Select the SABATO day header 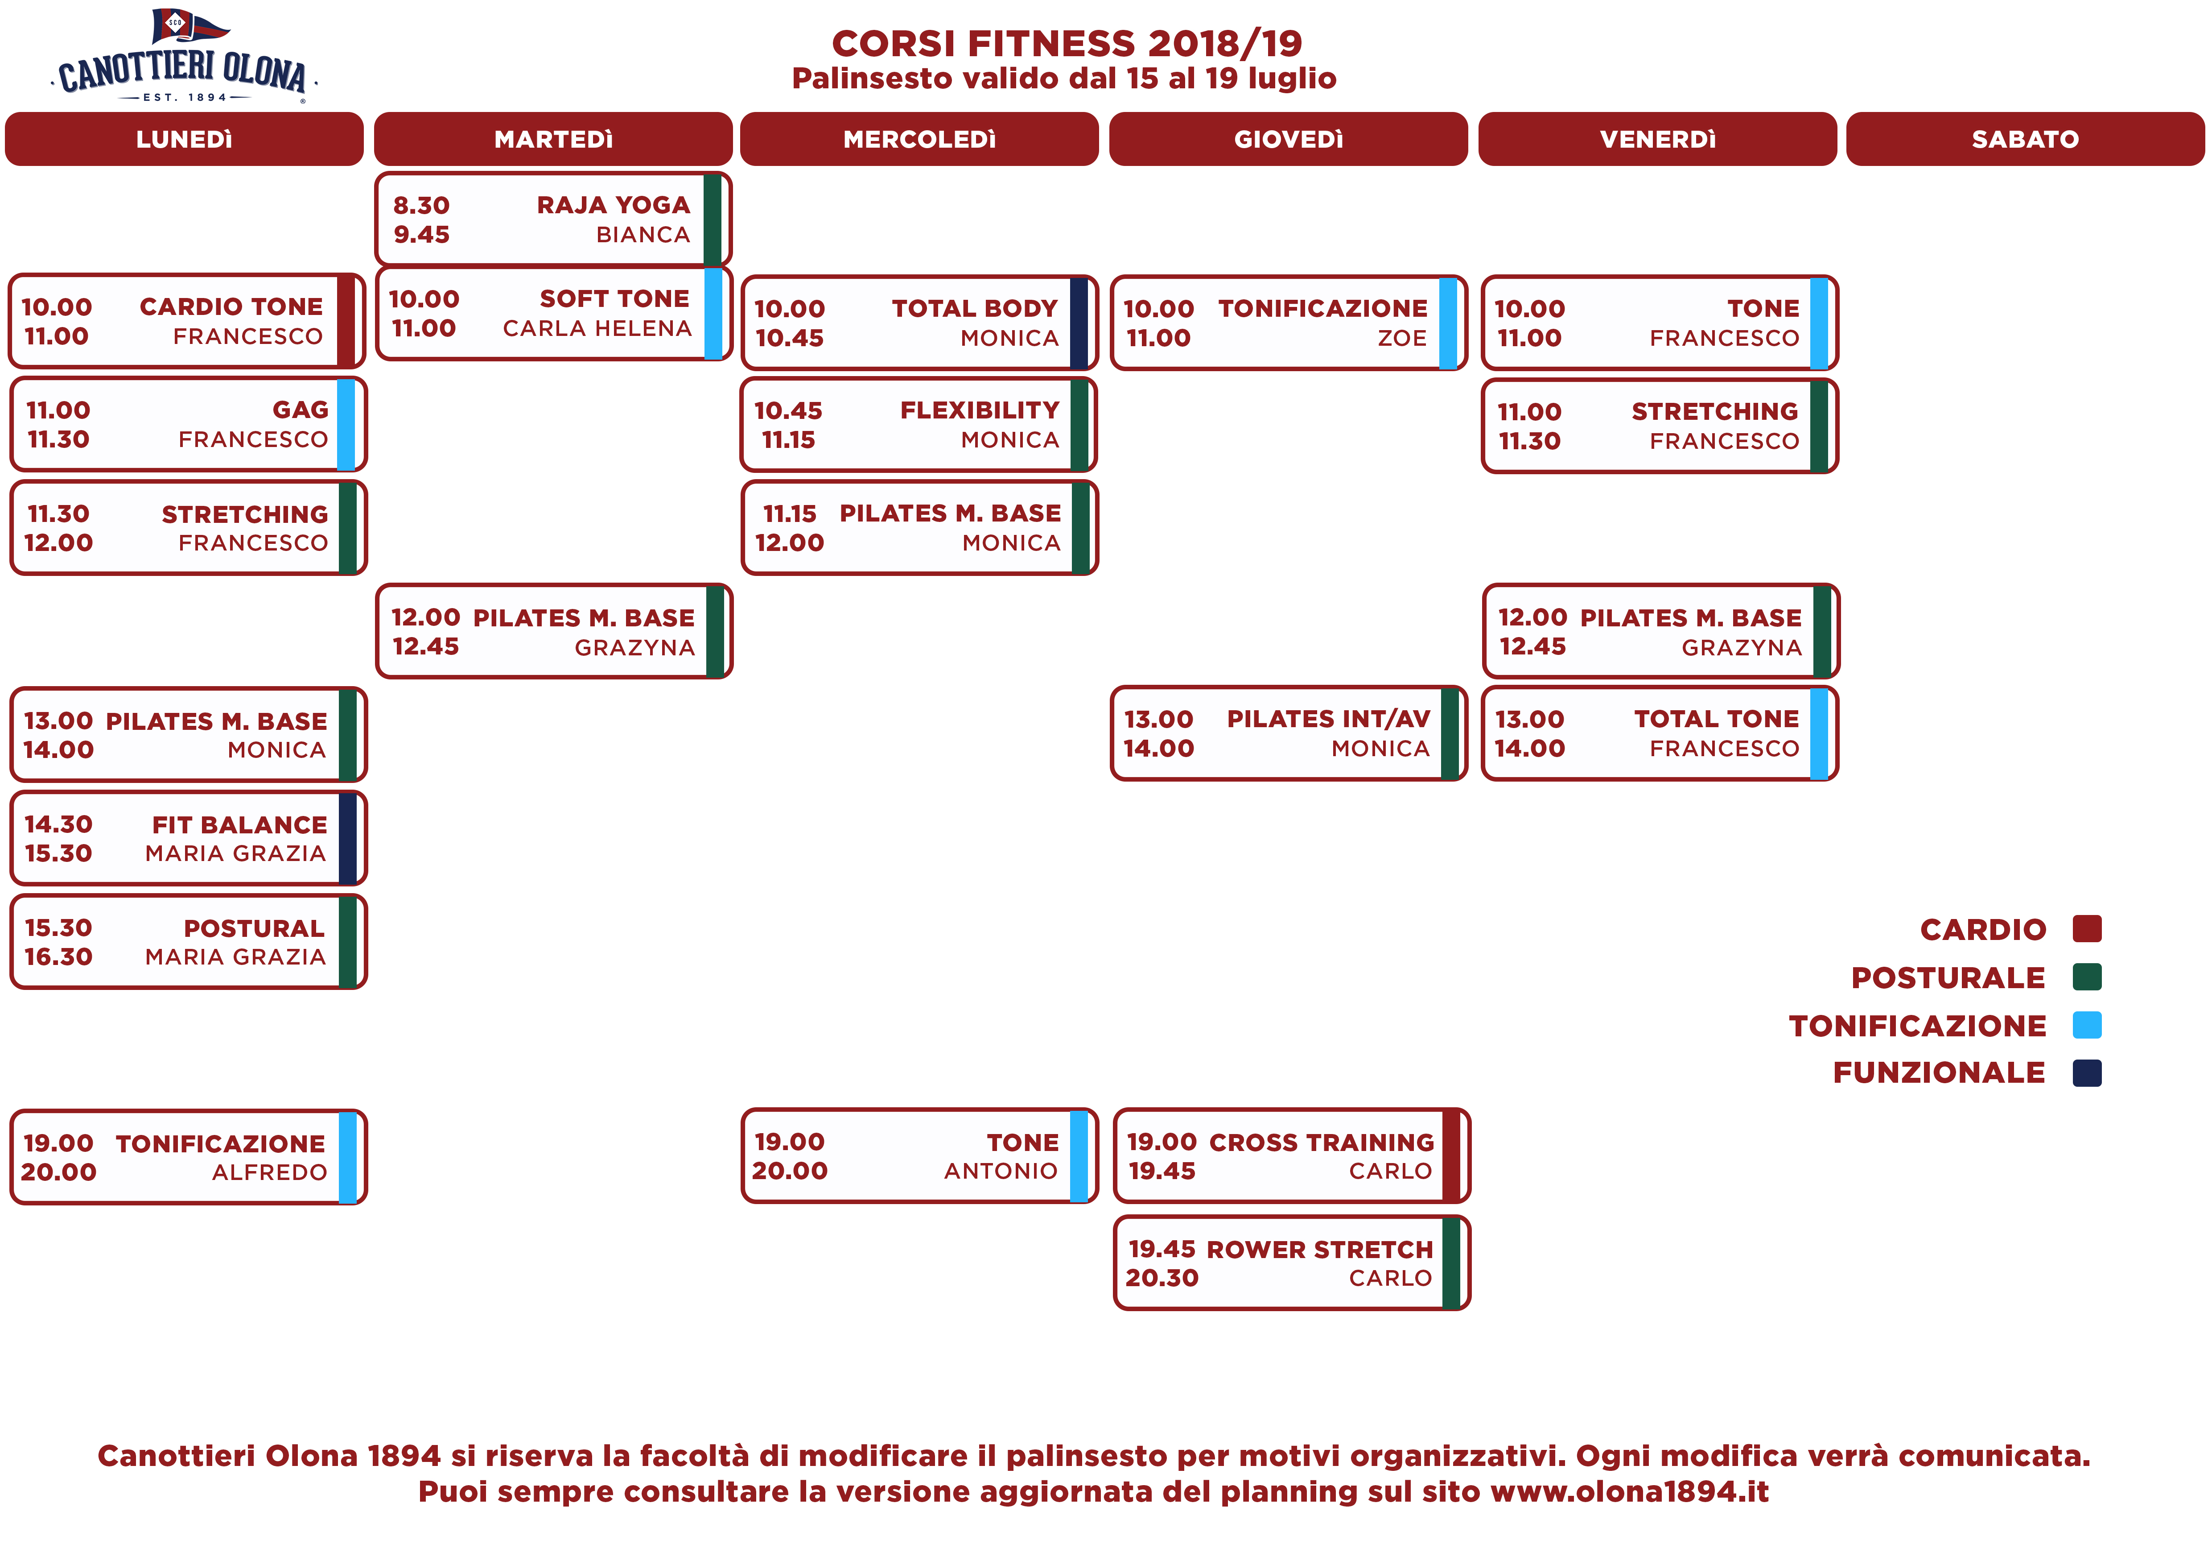[2025, 139]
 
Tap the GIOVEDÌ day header [1288, 139]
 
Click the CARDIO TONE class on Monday [231, 306]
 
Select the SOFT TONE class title [615, 299]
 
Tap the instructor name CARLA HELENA [597, 329]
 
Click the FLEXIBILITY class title [980, 410]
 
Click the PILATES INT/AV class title [1329, 719]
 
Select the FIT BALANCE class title [240, 825]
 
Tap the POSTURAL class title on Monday [254, 928]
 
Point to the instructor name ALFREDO [270, 1173]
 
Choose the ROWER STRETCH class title [1320, 1250]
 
